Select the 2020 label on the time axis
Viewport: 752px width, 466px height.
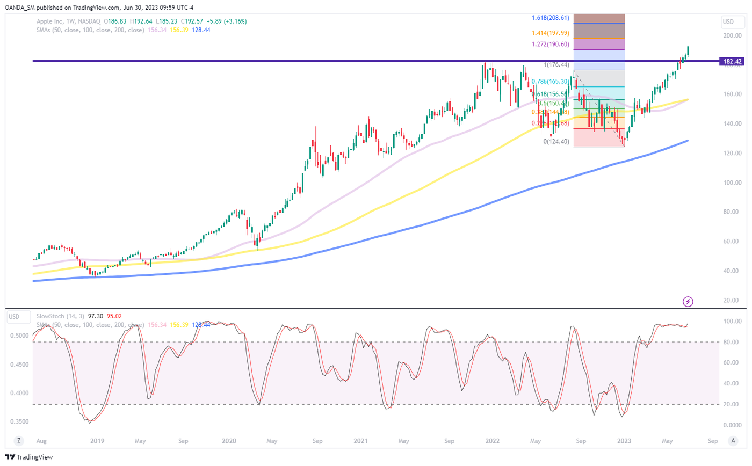click(229, 441)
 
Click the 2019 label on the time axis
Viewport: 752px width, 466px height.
click(97, 441)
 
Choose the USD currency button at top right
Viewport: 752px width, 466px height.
click(728, 22)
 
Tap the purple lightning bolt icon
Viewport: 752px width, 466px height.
click(689, 302)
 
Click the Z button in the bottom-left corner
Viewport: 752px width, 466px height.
click(19, 441)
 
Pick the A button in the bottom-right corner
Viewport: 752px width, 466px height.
click(733, 441)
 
